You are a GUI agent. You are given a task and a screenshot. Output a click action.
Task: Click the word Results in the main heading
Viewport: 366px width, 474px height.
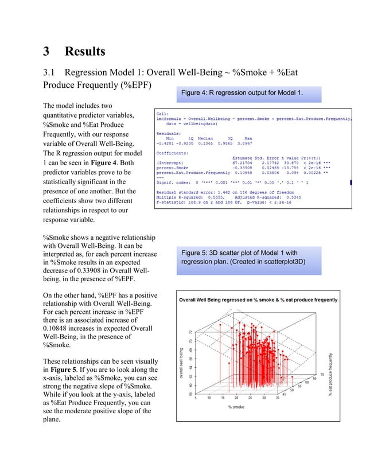pyautogui.click(x=85, y=52)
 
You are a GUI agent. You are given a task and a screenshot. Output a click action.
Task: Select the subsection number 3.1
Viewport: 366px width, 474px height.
pyautogui.click(x=51, y=73)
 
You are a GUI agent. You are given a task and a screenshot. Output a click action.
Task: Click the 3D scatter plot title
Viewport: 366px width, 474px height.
pyautogui.click(x=258, y=300)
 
